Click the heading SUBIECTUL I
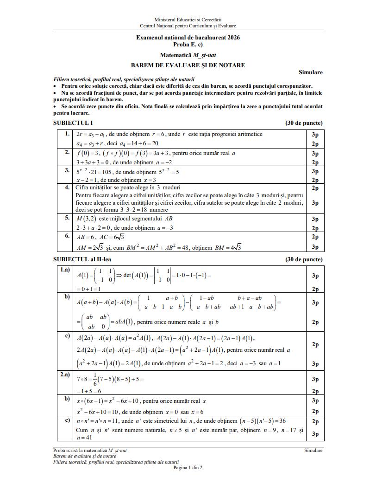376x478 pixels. [x=73, y=123]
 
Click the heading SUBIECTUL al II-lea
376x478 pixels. [x=82, y=259]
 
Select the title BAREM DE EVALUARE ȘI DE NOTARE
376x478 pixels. [x=188, y=65]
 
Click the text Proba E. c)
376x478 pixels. [x=188, y=45]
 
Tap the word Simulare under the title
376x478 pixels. [x=311, y=72]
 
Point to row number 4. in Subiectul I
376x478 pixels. [x=67, y=187]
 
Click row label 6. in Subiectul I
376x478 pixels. [x=67, y=236]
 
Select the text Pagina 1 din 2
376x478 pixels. [x=188, y=467]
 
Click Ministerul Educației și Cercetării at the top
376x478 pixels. [x=188, y=20]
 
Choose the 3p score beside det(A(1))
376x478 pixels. [x=315, y=276]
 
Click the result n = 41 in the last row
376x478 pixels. [x=84, y=437]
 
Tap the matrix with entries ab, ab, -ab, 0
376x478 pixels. [x=93, y=322]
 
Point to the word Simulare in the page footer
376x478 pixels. [x=313, y=450]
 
